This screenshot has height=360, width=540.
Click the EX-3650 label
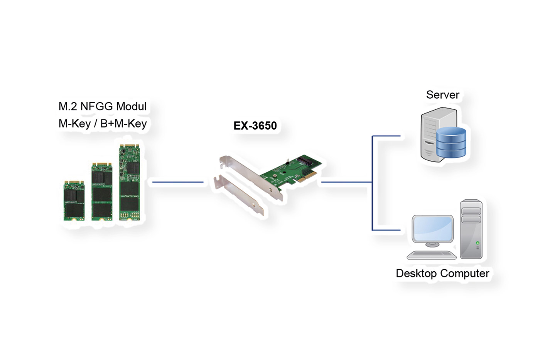pos(255,126)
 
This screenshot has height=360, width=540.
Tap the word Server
pos(442,95)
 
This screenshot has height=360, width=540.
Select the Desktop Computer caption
pos(442,273)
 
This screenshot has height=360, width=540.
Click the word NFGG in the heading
pos(96,106)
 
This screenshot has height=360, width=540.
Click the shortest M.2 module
pos(74,200)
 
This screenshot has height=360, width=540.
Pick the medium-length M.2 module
pos(102,192)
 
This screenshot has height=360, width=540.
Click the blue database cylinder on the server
pos(451,143)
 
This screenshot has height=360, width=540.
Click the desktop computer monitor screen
pos(432,228)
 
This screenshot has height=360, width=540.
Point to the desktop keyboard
pos(432,255)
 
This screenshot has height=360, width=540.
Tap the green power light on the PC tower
pos(478,243)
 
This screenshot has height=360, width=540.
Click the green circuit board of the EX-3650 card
pos(289,172)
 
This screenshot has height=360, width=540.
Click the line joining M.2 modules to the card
pos(178,182)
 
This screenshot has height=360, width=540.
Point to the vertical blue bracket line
pos(372,183)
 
